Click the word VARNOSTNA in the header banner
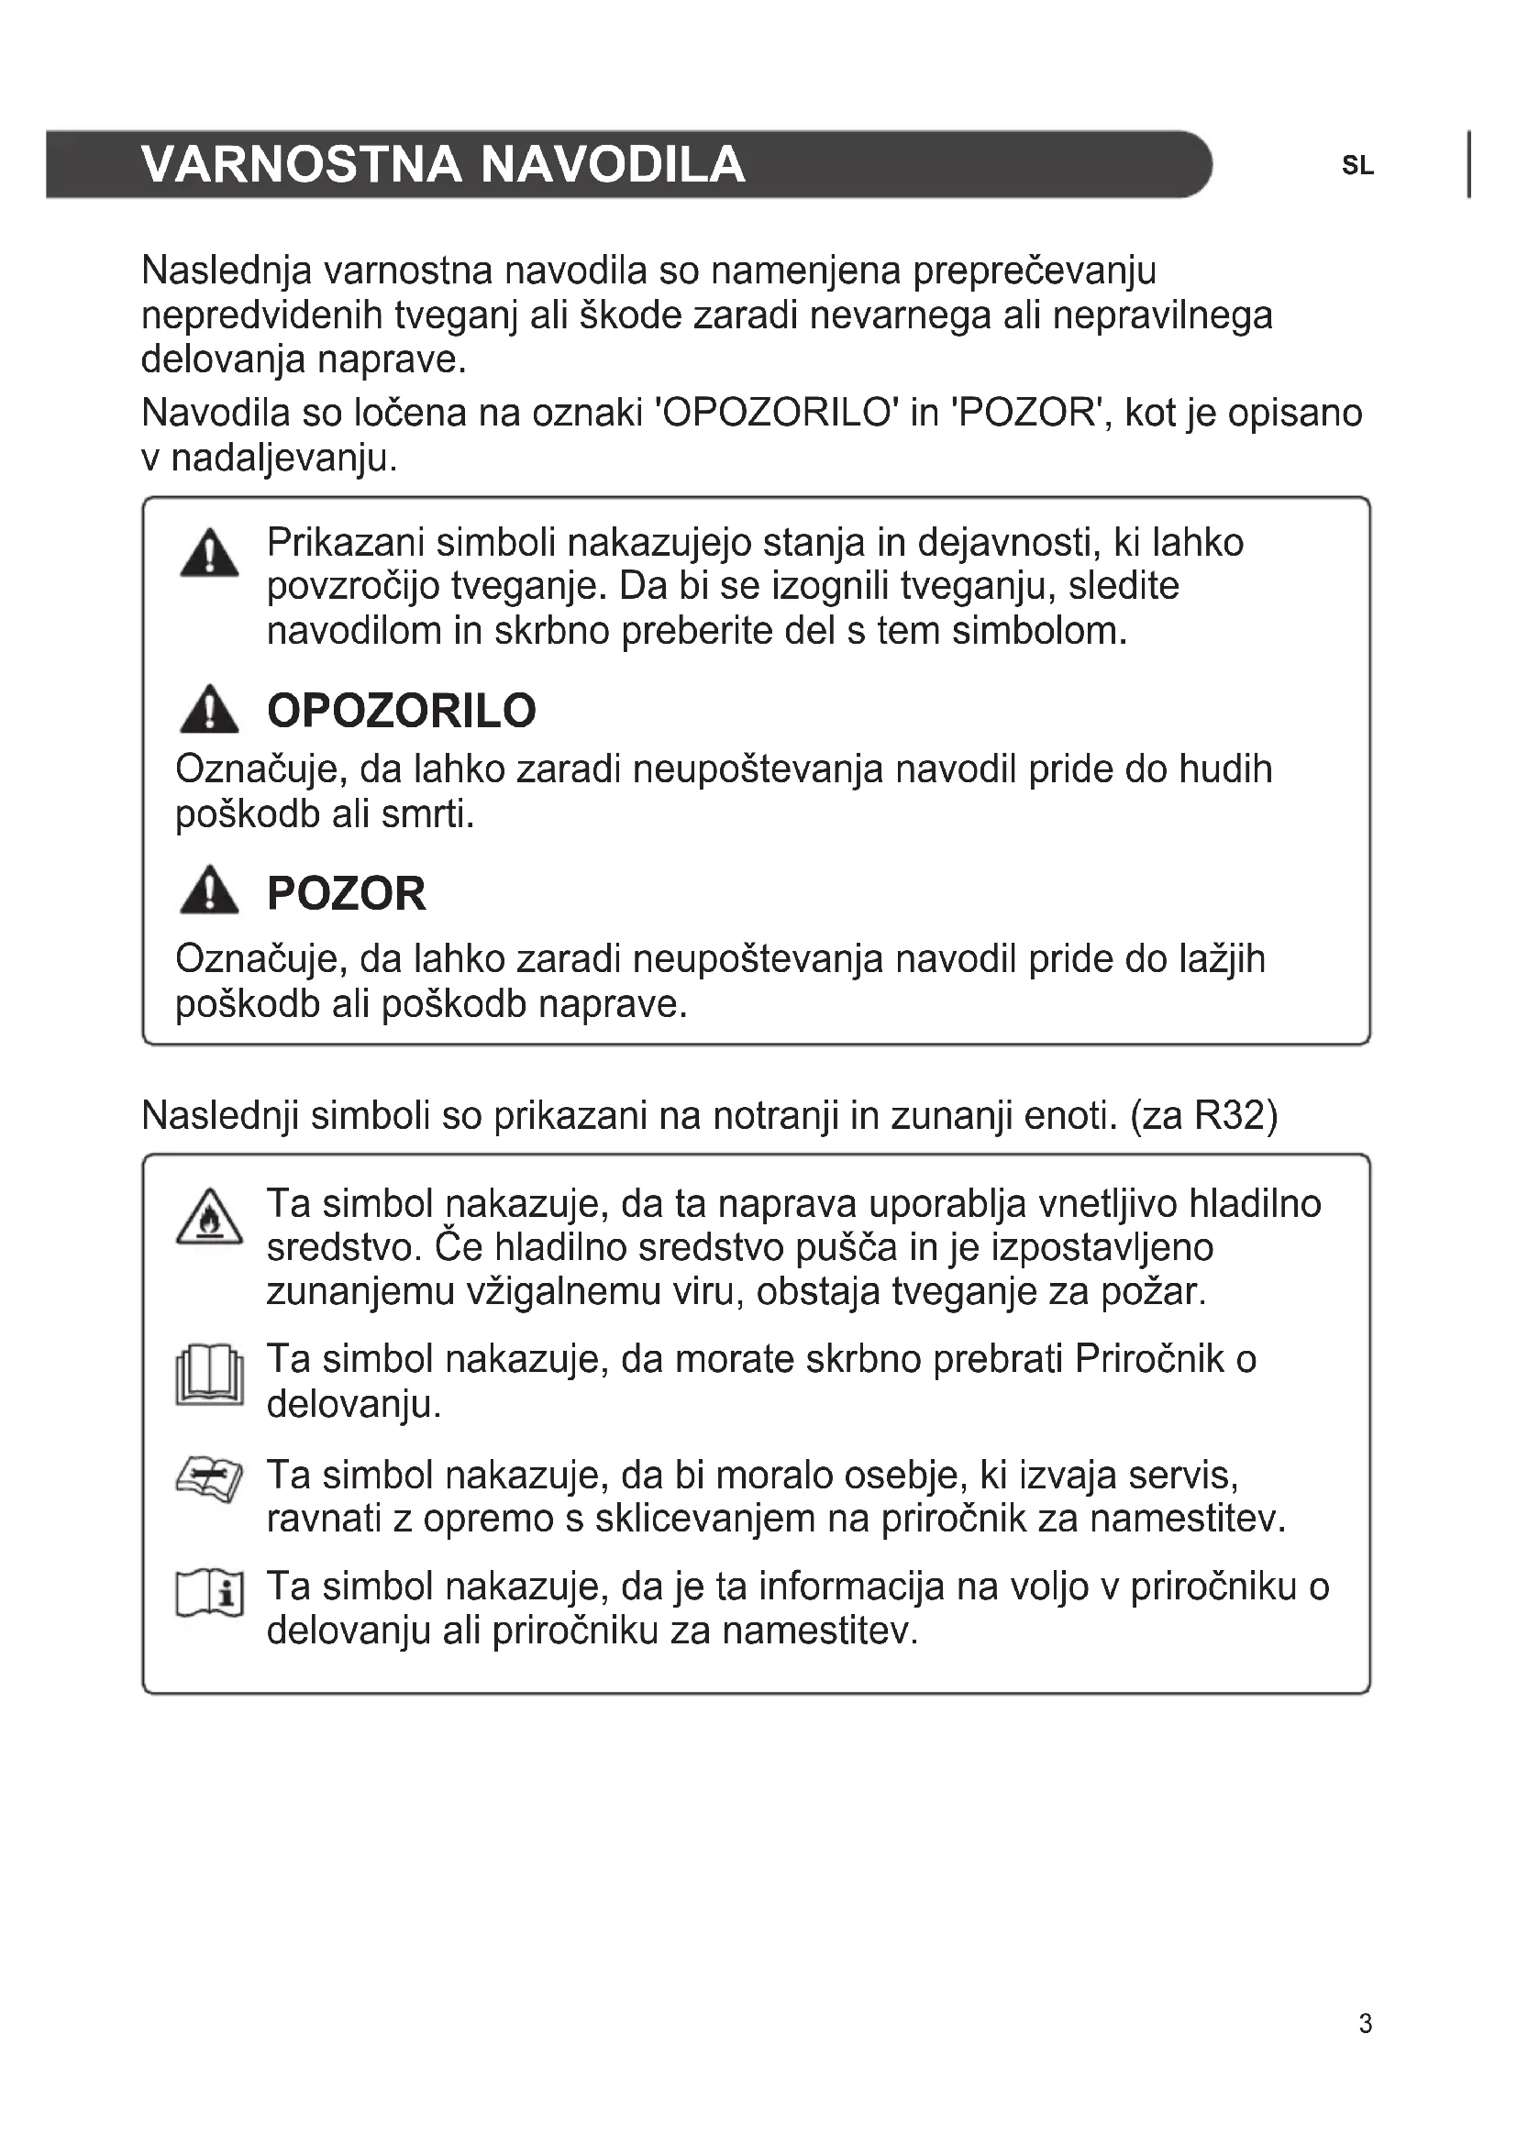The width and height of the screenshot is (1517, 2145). pos(302,164)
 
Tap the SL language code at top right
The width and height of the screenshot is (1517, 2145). pos(1357,166)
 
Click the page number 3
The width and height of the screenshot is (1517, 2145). pos(1365,2024)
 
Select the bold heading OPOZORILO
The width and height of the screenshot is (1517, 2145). pos(402,711)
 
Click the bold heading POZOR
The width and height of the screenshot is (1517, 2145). pos(347,894)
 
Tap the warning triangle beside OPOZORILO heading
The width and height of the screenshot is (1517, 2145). pos(209,709)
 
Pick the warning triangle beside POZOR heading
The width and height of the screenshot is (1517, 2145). pos(209,890)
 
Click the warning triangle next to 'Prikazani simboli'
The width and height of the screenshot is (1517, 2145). pos(209,553)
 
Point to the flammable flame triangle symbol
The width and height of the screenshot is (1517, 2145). pos(209,1217)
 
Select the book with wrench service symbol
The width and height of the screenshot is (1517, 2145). pos(209,1483)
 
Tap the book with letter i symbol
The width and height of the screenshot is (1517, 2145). pos(209,1594)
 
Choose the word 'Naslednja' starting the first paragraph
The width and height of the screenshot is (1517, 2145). pos(226,271)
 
